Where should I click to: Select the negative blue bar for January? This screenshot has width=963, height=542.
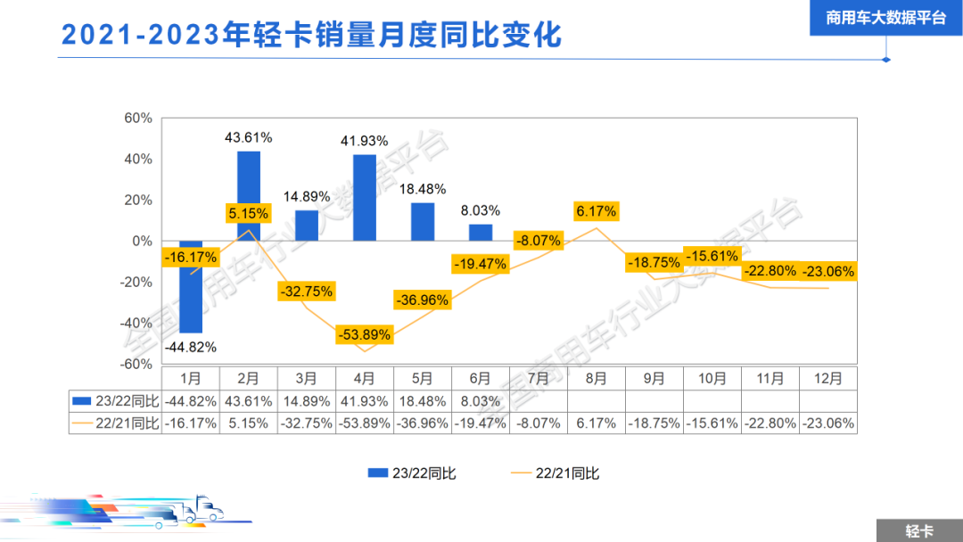(191, 286)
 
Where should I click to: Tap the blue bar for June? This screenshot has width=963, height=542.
(481, 232)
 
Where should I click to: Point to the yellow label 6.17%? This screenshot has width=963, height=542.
(597, 212)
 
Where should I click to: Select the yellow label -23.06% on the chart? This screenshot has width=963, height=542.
(828, 271)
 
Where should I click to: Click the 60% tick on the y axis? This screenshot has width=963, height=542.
(138, 118)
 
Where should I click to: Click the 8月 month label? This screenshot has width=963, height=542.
(597, 378)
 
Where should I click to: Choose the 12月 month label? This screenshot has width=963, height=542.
(828, 378)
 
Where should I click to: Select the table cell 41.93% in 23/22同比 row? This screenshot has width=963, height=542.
(365, 401)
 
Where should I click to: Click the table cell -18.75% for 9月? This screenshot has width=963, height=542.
(654, 423)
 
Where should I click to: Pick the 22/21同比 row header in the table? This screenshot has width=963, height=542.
(115, 423)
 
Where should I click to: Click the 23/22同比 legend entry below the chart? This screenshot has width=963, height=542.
(412, 472)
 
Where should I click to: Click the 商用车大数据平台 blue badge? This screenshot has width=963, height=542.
(885, 18)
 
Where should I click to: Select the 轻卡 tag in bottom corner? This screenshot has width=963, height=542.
(918, 530)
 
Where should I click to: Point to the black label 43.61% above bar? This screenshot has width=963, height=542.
(248, 137)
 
